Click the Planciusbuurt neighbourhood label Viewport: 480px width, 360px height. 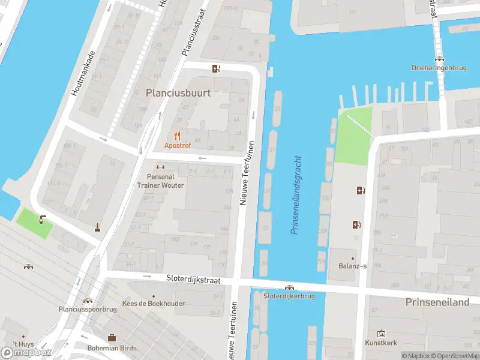pos(178,92)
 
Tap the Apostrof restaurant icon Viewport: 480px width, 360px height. pos(177,136)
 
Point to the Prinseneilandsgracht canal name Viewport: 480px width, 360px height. pos(296,195)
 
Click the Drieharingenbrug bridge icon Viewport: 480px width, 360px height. pos(440,59)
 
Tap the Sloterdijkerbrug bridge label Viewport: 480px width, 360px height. pos(289,296)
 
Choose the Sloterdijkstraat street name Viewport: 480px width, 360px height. pos(194,279)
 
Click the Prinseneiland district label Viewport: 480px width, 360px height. pos(437,302)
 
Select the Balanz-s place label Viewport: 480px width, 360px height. pos(352,266)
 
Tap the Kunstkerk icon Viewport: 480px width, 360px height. pos(381,334)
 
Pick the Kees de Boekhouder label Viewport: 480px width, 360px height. pos(153,304)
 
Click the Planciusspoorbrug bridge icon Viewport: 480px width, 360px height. pos(88,301)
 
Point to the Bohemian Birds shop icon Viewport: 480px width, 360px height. pos(112,338)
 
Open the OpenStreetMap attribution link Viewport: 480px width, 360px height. pos(456,356)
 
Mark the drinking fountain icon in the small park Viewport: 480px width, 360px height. pos(41,219)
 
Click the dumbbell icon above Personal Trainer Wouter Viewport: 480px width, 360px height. pos(160,167)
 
